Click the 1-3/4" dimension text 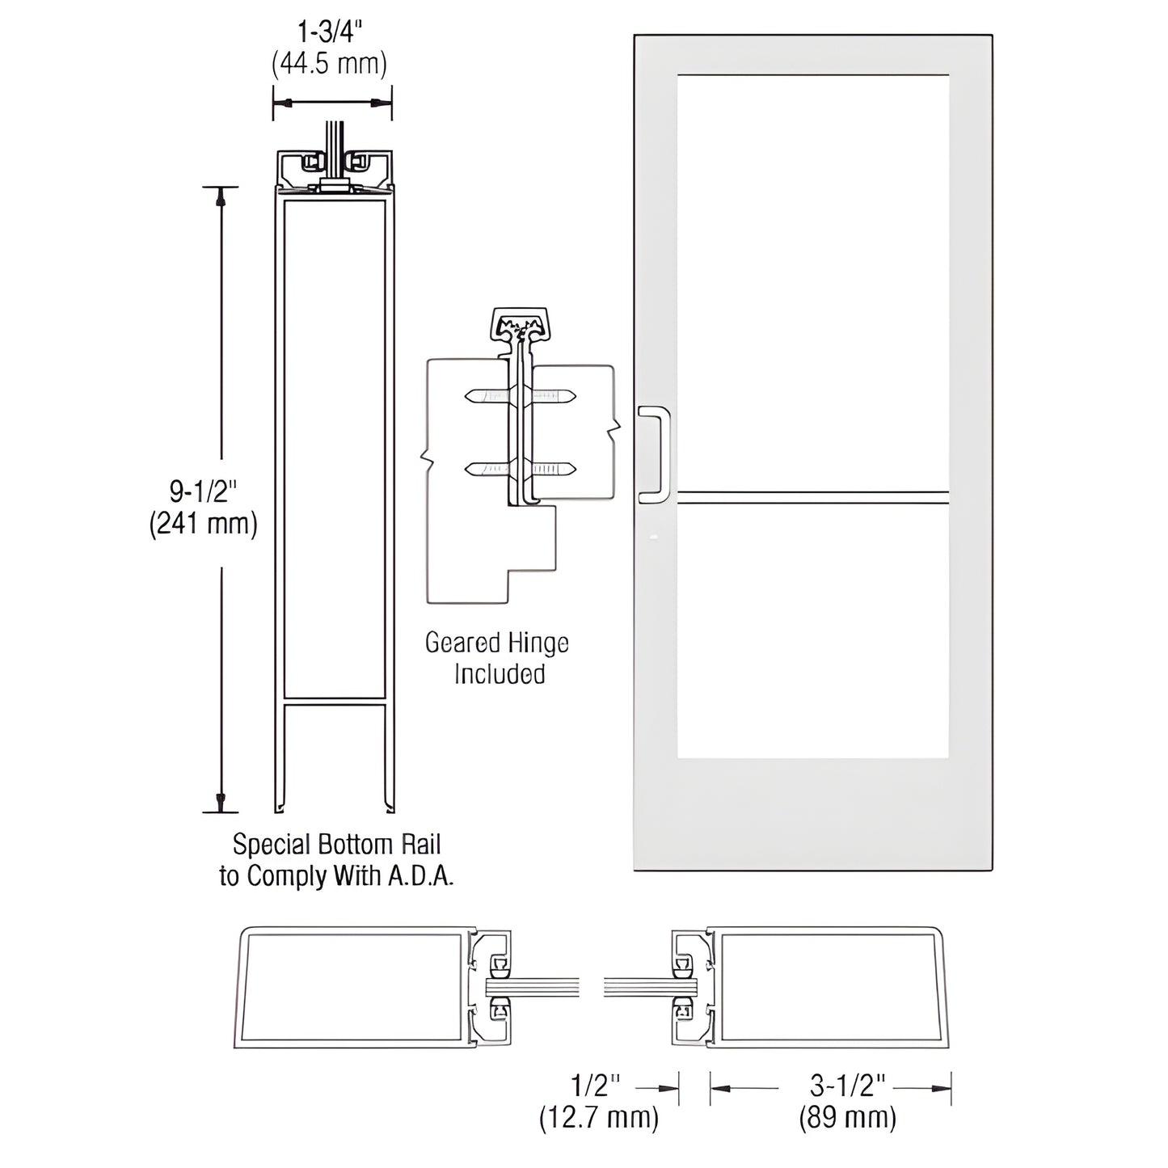[x=330, y=33]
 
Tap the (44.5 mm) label [x=330, y=63]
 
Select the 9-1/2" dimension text [x=203, y=491]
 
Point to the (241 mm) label [x=203, y=524]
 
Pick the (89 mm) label [x=847, y=1118]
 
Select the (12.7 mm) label [x=599, y=1118]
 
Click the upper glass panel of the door [x=812, y=283]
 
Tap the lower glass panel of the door [x=812, y=630]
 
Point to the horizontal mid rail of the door [x=812, y=497]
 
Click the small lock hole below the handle [x=654, y=536]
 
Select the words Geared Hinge [x=497, y=643]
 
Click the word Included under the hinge [x=499, y=674]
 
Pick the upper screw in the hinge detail [x=520, y=396]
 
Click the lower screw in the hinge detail [x=520, y=468]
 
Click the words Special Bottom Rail [x=336, y=845]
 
